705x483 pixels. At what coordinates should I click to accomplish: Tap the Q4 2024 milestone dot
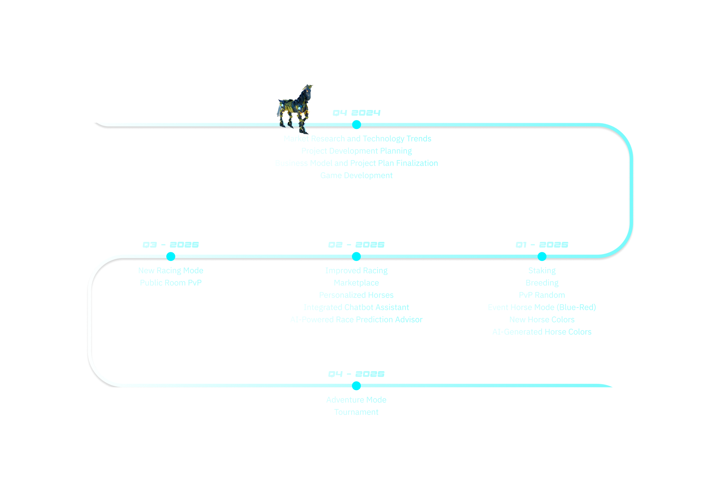coord(356,124)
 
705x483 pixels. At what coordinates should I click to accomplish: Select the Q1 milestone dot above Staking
coord(542,256)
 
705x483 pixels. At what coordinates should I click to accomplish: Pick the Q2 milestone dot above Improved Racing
coord(356,256)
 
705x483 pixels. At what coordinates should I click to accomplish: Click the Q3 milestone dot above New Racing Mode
coord(171,256)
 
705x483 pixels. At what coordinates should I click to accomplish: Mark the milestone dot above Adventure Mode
coord(356,386)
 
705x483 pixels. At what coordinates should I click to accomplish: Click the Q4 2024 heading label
coord(356,113)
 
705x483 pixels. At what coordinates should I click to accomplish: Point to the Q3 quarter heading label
coord(171,245)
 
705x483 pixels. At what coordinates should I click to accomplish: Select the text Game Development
coord(356,175)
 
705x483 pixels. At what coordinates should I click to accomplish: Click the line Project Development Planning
coord(356,151)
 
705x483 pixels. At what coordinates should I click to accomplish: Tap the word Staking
coord(542,270)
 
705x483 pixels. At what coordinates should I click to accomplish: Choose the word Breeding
coord(542,283)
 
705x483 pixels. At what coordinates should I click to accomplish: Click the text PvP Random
coord(542,295)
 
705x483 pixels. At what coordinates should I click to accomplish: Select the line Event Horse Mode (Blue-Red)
coord(542,307)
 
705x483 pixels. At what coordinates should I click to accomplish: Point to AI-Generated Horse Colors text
coord(542,332)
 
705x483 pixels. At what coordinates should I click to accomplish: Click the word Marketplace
coord(356,283)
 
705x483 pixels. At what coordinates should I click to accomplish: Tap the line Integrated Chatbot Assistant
coord(356,307)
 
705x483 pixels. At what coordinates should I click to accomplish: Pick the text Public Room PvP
coord(171,283)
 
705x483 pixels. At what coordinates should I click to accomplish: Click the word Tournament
coord(356,412)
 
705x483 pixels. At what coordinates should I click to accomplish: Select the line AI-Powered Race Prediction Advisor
coord(356,320)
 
